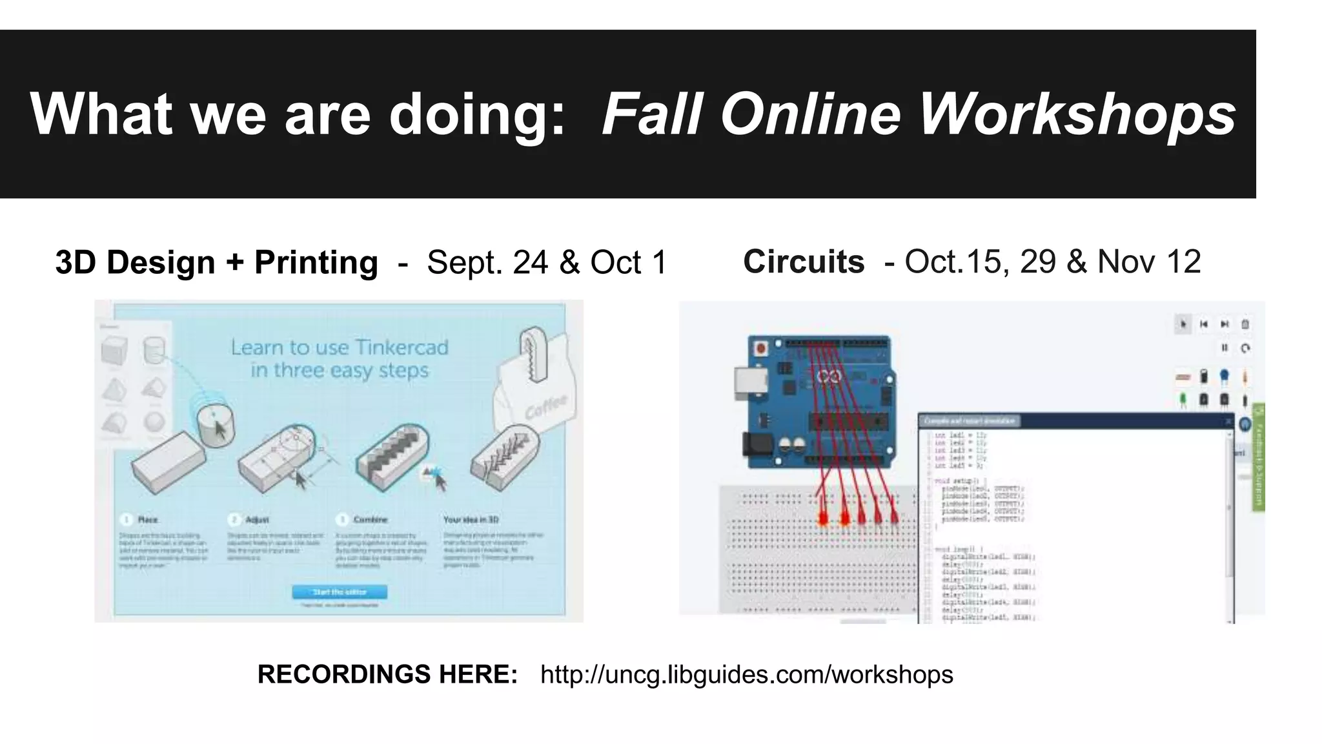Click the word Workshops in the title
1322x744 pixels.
(x=1076, y=114)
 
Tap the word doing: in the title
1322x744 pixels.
(x=477, y=114)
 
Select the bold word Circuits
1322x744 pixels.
(x=804, y=262)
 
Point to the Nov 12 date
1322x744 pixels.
(x=1149, y=262)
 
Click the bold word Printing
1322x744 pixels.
(x=316, y=262)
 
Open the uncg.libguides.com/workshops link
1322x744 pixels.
(x=746, y=674)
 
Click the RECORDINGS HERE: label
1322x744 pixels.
(x=387, y=674)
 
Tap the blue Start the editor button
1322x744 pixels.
(x=340, y=592)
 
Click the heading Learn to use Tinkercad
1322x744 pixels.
(x=340, y=347)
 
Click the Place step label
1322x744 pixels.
(x=147, y=519)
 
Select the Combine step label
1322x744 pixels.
(x=370, y=519)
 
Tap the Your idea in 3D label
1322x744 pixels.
(x=471, y=519)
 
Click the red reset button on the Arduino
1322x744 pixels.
(x=762, y=349)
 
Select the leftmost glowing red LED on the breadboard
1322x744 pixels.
(x=823, y=518)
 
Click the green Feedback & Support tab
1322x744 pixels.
(x=1258, y=456)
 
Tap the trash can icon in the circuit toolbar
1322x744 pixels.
(x=1245, y=324)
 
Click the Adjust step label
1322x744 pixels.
(x=257, y=519)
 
